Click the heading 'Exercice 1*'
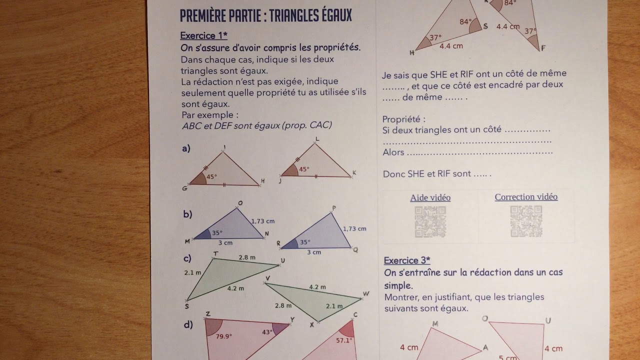[203, 35]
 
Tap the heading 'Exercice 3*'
[407, 260]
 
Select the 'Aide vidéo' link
[430, 197]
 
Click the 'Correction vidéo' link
[526, 197]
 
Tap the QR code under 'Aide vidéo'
[430, 221]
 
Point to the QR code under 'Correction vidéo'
[526, 221]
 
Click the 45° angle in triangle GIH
[211, 177]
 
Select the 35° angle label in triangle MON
[216, 232]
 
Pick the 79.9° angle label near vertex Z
[223, 336]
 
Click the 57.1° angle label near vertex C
[343, 340]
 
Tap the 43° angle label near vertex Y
[267, 332]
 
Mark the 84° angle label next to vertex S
[465, 22]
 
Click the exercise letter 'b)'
[187, 214]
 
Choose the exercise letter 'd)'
[188, 325]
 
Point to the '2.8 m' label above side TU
[247, 257]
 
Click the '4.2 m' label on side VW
[317, 287]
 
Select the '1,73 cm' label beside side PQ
[354, 228]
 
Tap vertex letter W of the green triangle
[366, 294]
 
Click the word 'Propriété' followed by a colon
[403, 119]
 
